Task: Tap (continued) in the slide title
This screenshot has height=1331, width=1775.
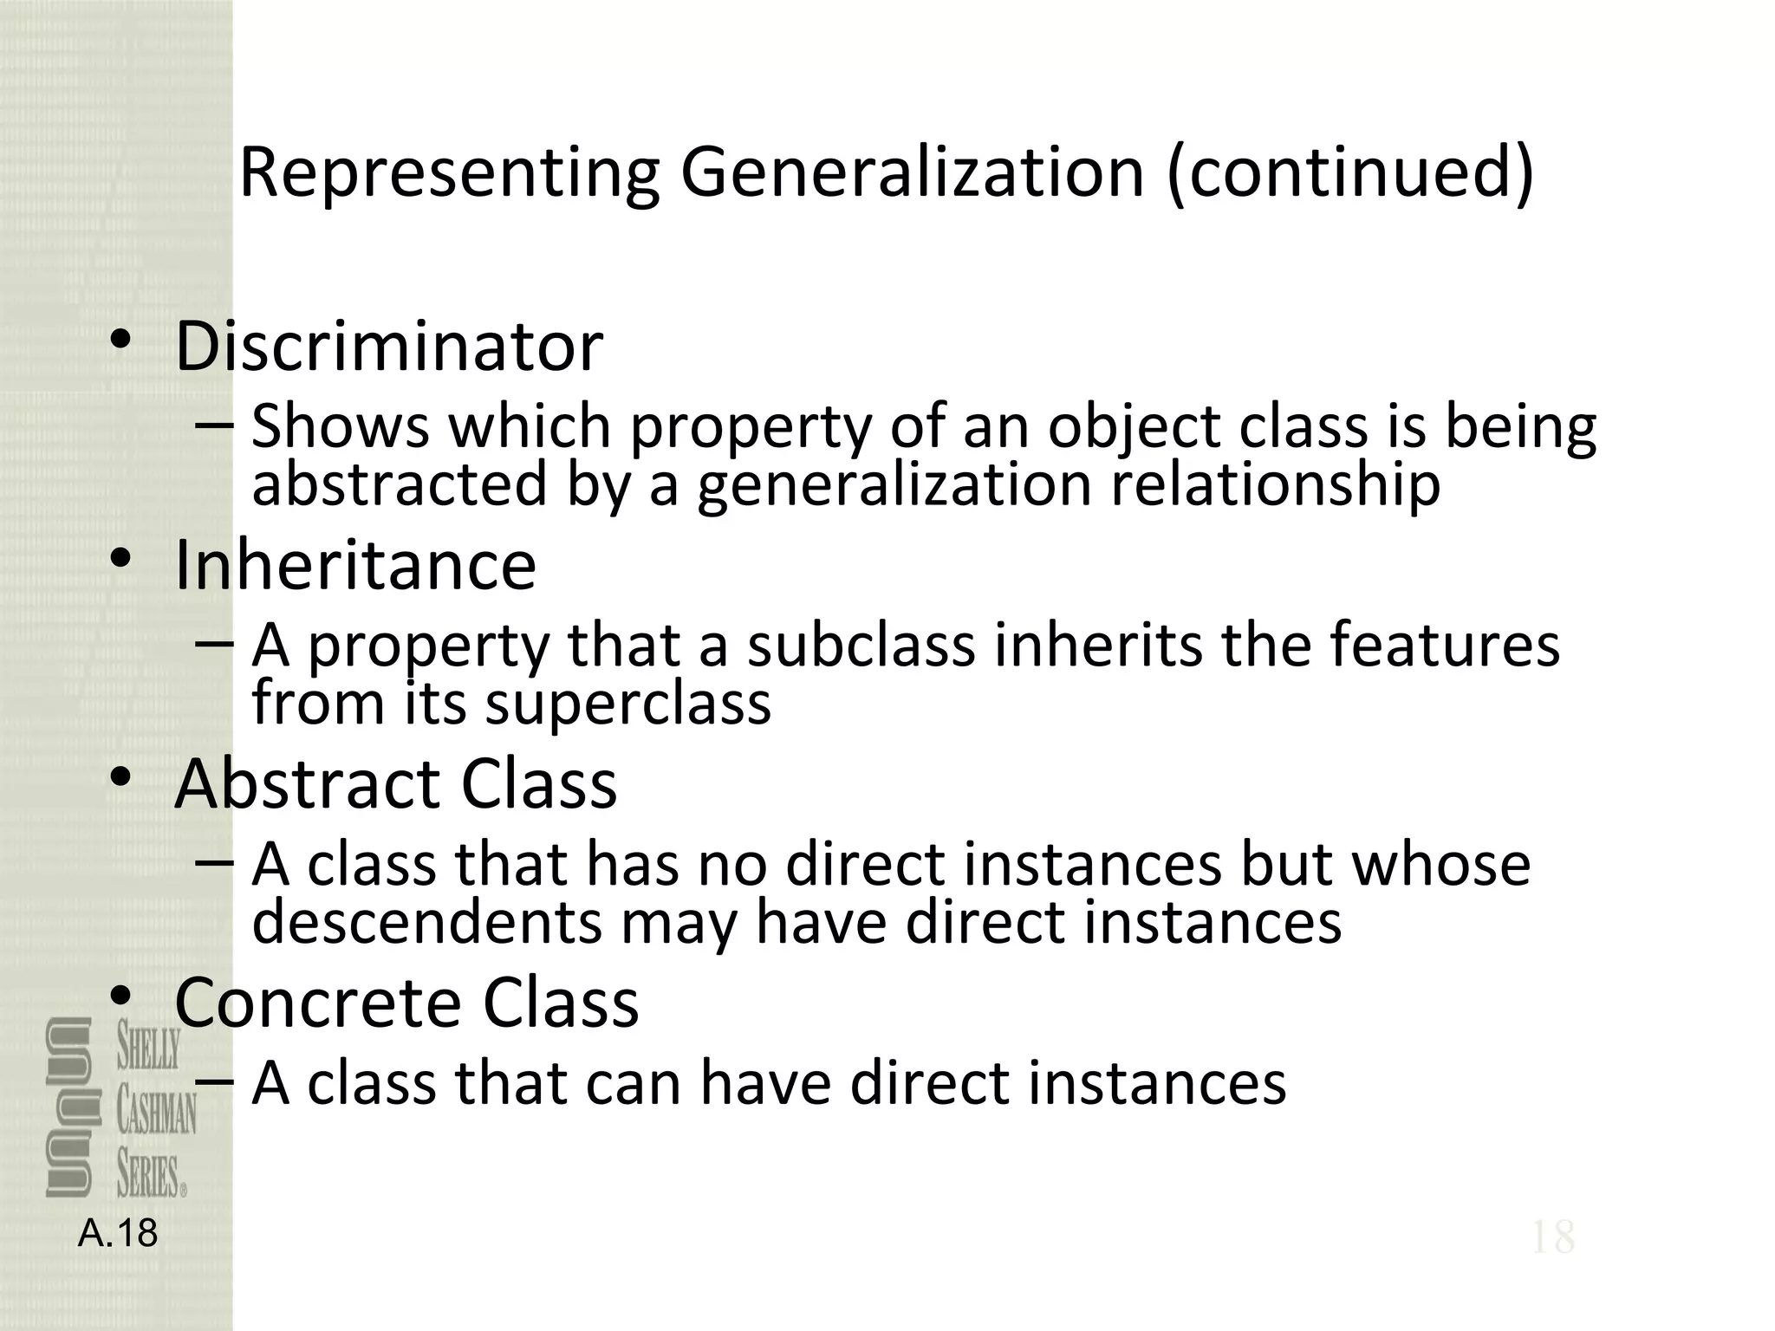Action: (x=1350, y=173)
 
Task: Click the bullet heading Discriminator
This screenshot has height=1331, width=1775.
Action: (x=389, y=347)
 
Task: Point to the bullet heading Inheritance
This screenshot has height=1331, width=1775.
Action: (x=355, y=565)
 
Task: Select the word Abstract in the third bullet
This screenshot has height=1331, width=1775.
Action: (x=308, y=783)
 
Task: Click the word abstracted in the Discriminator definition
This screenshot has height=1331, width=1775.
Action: (x=400, y=484)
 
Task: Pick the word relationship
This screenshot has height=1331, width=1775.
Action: (x=1275, y=484)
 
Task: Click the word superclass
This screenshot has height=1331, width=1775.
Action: (x=627, y=702)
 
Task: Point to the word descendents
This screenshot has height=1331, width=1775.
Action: (x=426, y=921)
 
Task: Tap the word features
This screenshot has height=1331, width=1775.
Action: (x=1445, y=646)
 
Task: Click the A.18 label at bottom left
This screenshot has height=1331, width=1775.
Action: (x=118, y=1233)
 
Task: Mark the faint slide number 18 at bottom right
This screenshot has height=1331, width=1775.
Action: (x=1552, y=1237)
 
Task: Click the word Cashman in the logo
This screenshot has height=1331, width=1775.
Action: (x=157, y=1113)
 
